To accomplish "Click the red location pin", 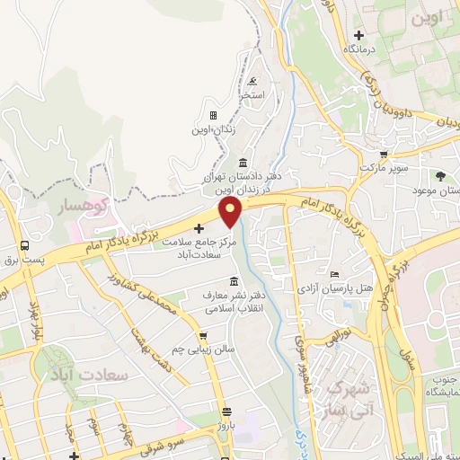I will pyautogui.click(x=231, y=212).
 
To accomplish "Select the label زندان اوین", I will pyautogui.click(x=213, y=129).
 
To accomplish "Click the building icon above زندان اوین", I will pyautogui.click(x=213, y=115).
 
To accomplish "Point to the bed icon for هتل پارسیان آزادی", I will pyautogui.click(x=335, y=274).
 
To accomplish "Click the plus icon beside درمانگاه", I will pyautogui.click(x=358, y=35).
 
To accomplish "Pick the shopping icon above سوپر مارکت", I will pyautogui.click(x=384, y=154).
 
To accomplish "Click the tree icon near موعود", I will pyautogui.click(x=440, y=176).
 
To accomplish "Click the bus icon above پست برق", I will pyautogui.click(x=24, y=244).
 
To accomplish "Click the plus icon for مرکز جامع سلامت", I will pyautogui.click(x=199, y=228).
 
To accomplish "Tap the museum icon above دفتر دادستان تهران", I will pyautogui.click(x=243, y=163).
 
